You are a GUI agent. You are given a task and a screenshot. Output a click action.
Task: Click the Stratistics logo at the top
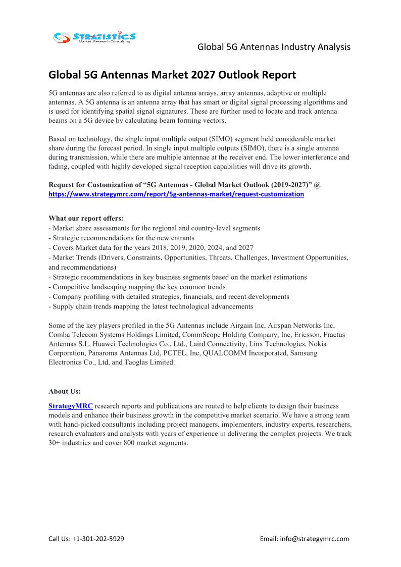(94, 37)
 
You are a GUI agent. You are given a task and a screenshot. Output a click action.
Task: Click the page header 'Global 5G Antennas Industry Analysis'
(274, 47)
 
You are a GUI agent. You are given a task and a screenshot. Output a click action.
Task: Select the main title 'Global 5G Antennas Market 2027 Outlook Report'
(172, 75)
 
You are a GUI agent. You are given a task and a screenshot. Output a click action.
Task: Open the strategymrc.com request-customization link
(176, 194)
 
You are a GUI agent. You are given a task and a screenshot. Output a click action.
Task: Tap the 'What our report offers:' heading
(86, 218)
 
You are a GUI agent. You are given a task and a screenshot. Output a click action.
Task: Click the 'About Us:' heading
(65, 391)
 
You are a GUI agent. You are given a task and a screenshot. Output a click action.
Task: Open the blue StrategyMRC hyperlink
(70, 406)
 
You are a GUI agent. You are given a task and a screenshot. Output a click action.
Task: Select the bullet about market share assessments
(154, 228)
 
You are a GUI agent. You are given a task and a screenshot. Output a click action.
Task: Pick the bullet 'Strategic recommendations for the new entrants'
(121, 238)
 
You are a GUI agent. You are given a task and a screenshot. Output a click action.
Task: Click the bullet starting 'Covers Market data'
(151, 248)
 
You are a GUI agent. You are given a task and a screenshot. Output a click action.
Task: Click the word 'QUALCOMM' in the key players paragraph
(228, 353)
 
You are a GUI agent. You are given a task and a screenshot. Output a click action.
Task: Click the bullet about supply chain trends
(151, 306)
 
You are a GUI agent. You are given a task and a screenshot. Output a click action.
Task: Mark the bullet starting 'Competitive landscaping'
(137, 287)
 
